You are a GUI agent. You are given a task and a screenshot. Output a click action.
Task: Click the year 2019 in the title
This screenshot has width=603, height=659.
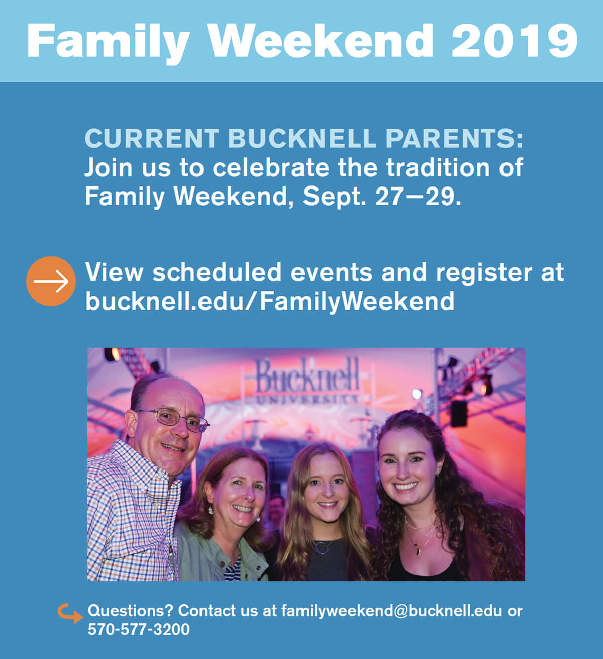tap(515, 41)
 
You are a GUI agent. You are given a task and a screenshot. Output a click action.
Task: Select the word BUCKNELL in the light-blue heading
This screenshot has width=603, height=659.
tap(302, 138)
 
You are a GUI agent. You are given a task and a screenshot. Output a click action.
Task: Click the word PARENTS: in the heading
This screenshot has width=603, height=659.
tap(455, 138)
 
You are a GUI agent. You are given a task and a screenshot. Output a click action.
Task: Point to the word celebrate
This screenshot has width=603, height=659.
tap(271, 167)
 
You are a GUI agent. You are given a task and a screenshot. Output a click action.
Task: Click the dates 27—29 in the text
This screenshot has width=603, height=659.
tap(415, 197)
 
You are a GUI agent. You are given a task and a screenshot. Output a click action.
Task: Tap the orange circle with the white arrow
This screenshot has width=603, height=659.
tap(51, 281)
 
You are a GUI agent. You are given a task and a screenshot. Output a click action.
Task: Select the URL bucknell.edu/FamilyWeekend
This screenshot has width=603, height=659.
tap(270, 301)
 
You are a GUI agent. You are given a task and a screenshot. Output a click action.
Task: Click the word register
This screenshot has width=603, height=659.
tap(483, 273)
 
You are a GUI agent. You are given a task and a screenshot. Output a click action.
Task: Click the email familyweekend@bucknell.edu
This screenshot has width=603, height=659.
tap(392, 611)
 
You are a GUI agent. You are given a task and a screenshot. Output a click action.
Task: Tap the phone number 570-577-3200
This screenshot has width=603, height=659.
tap(139, 630)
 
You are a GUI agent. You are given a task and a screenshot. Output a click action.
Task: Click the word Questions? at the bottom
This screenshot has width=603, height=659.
tap(130, 611)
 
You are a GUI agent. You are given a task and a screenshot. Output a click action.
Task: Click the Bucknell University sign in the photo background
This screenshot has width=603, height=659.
tap(307, 381)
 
